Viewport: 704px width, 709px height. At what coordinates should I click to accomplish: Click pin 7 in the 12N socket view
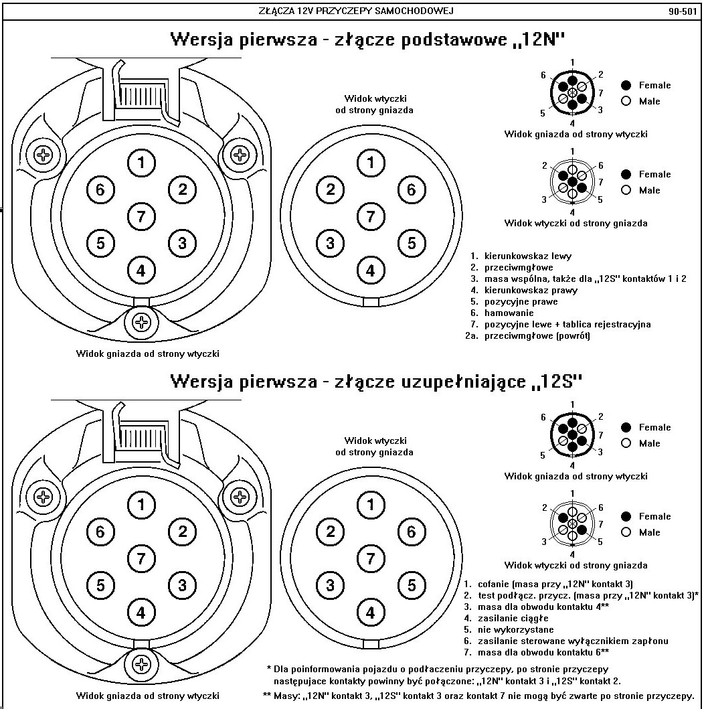(x=141, y=216)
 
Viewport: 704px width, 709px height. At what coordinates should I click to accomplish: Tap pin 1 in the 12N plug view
(x=371, y=162)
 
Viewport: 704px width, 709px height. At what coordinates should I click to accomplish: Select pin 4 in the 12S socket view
(x=141, y=611)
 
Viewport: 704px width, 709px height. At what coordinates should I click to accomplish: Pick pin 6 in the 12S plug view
(x=411, y=532)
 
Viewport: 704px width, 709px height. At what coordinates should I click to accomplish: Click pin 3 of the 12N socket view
(x=182, y=242)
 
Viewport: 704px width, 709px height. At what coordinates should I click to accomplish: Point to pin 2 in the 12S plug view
(x=331, y=532)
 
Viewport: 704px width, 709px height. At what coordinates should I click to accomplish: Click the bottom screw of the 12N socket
(x=141, y=322)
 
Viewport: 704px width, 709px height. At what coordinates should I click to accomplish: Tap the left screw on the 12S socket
(x=43, y=497)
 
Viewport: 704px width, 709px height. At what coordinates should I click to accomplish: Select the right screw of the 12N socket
(x=239, y=155)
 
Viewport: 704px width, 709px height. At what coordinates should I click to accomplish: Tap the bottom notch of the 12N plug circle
(x=371, y=302)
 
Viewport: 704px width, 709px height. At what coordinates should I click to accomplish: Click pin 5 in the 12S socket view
(x=100, y=584)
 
